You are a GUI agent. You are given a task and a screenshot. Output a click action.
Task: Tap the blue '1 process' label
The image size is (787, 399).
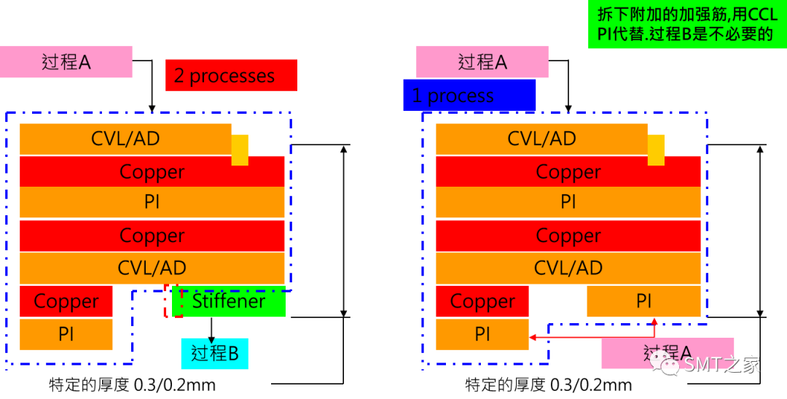coord(469,96)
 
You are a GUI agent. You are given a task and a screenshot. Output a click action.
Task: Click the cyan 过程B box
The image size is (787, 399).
coord(214,353)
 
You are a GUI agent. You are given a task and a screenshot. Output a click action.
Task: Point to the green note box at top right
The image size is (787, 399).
coord(686,24)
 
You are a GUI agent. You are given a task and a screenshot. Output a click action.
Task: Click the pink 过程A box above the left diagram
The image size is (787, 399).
coord(66,62)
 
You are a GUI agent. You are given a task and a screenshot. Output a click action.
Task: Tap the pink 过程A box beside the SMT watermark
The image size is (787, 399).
coord(667,353)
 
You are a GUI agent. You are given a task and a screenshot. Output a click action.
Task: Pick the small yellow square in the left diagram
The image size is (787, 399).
coord(240,150)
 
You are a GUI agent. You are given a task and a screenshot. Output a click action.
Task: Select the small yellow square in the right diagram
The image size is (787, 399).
coord(656,150)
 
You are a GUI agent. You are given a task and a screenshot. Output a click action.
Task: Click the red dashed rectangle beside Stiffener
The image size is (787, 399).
coord(173,301)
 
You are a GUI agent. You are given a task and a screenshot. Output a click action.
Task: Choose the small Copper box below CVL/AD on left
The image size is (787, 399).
coord(66,301)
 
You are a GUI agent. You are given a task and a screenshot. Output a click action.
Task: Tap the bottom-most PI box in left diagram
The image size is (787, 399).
coord(66,334)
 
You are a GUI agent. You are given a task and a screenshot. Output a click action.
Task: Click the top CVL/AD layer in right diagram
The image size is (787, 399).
coord(541,139)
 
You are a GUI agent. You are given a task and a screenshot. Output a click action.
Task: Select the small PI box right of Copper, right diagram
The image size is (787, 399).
coord(643,301)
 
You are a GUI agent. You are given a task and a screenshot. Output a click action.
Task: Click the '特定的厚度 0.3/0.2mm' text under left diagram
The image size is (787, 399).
coord(132,384)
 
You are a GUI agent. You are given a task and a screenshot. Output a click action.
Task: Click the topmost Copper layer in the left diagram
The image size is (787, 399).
coord(152,172)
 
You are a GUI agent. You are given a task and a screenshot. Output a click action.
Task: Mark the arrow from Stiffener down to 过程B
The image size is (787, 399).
coord(212,328)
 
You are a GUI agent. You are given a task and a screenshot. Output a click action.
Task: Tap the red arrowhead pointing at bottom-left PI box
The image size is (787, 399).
coord(533,338)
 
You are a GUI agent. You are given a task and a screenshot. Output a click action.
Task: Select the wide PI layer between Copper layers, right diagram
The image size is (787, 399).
coord(568,202)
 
